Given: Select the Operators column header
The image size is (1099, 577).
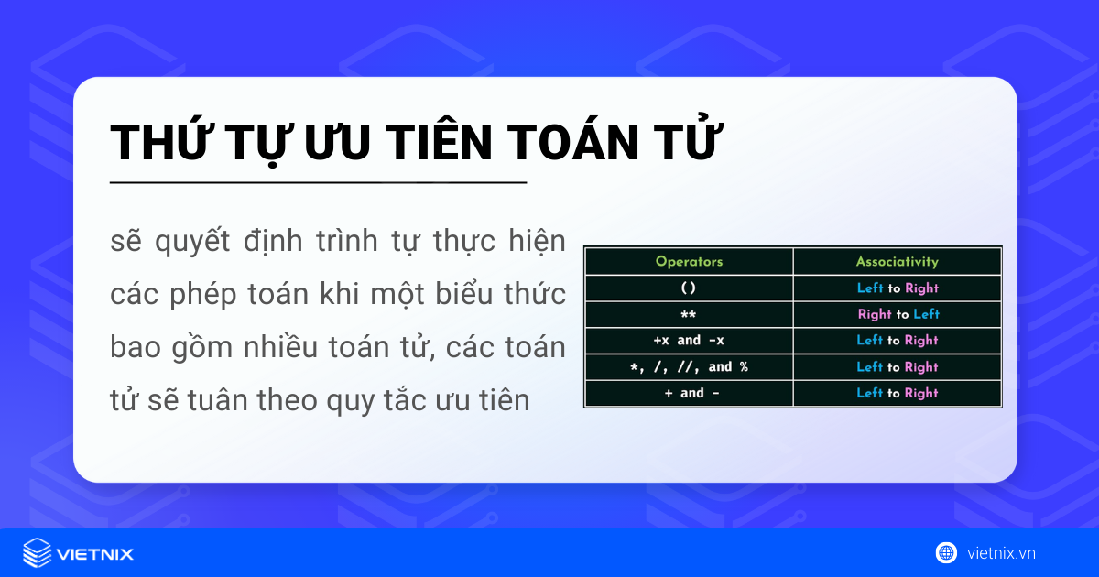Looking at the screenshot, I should [x=689, y=261].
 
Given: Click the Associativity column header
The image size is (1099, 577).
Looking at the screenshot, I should [x=898, y=261].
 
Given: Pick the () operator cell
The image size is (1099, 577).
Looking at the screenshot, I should [x=689, y=288].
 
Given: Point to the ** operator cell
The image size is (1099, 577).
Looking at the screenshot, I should [x=689, y=314].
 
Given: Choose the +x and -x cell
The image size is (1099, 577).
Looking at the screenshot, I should [x=689, y=340].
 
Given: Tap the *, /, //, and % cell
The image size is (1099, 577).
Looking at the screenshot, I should [x=689, y=366].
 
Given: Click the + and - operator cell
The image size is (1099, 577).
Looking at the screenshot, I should [x=689, y=393].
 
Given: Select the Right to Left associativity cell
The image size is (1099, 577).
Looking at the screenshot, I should [x=898, y=314].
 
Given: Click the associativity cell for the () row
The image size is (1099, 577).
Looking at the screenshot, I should [x=898, y=288].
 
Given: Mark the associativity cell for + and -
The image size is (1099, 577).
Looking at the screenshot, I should [x=898, y=393].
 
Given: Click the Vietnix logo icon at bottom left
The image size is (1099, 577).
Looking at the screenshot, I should [x=37, y=553].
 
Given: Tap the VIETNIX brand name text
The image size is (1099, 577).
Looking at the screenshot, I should [x=95, y=553].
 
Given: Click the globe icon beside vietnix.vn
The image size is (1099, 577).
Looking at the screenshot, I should [x=946, y=552].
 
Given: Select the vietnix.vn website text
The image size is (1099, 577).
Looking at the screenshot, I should [x=1001, y=552].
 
